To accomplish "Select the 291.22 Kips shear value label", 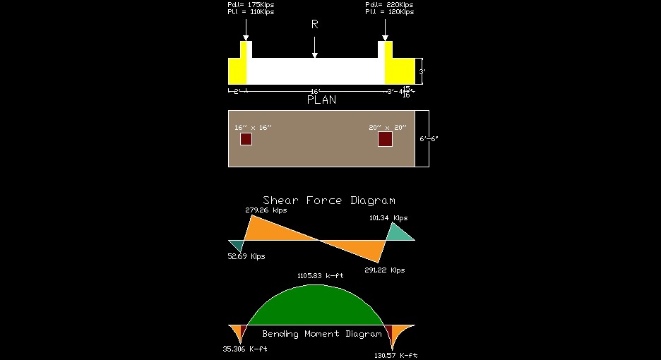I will pos(384,270).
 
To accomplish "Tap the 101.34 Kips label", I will pos(388,218).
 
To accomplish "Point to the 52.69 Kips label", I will pos(246,256).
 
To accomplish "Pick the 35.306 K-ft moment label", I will pos(244,349).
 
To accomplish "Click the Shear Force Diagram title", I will pos(329,200).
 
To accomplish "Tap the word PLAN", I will pos(321,100).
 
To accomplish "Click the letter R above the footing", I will pos(315,25).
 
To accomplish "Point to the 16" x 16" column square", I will pos(246,139).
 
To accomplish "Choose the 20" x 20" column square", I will pos(385,139).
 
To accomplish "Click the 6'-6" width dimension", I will pos(429,138).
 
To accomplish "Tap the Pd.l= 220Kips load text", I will pos(390,5).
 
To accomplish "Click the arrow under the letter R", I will pos(315,48).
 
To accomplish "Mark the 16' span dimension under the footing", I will pos(316,91).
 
